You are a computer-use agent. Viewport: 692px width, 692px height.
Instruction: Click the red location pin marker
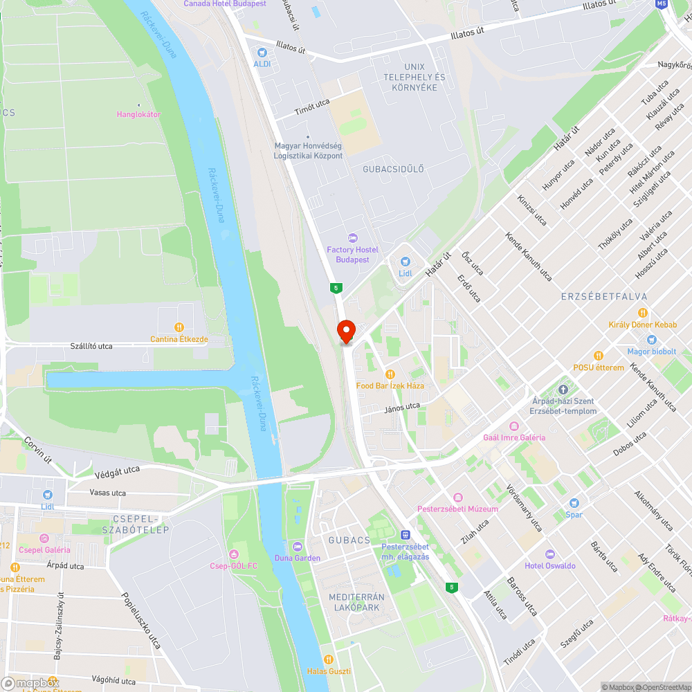(x=345, y=331)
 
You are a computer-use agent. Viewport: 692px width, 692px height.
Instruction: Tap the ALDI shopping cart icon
(x=262, y=53)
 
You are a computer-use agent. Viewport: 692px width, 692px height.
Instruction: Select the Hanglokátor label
(x=138, y=114)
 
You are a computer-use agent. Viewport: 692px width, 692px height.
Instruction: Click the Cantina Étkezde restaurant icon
(x=179, y=327)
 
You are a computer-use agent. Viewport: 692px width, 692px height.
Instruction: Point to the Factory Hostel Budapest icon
(x=352, y=238)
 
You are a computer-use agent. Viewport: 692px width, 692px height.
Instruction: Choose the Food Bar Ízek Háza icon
(x=390, y=374)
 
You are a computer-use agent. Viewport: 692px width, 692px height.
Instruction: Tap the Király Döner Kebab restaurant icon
(x=642, y=313)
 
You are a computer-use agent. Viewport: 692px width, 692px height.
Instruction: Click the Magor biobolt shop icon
(x=650, y=340)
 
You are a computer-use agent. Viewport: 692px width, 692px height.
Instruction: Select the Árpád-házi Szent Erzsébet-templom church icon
(x=563, y=390)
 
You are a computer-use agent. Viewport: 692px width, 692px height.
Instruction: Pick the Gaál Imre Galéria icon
(x=513, y=426)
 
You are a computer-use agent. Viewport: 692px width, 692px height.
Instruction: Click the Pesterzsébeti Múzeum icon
(x=457, y=498)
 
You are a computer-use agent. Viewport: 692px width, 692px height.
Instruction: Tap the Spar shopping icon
(x=574, y=503)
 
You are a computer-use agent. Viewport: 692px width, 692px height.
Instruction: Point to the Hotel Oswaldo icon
(x=549, y=554)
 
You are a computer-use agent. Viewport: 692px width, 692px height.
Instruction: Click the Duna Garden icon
(x=298, y=547)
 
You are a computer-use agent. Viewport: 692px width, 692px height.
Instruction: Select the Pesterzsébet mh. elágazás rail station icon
(x=406, y=535)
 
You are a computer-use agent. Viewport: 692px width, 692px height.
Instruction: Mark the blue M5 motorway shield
(x=662, y=4)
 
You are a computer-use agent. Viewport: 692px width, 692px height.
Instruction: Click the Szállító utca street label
(x=91, y=345)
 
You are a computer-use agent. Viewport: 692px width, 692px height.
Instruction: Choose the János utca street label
(x=402, y=408)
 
